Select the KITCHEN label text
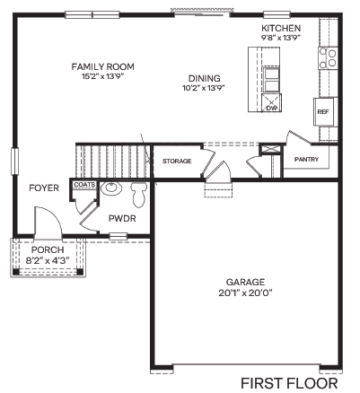coord(280,29)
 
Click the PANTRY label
coord(307,159)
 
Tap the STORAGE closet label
coord(177,161)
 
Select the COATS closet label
coord(84,184)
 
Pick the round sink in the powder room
coord(111,188)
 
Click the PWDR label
coord(121,218)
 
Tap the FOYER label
coord(43,188)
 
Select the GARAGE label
coord(245,281)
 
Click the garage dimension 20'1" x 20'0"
coord(245,292)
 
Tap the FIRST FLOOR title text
coord(289,383)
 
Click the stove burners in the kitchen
coord(328,58)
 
